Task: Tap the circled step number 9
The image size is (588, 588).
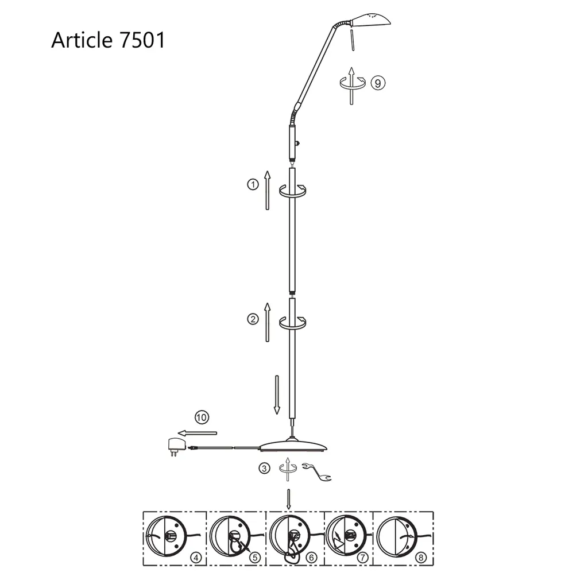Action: (377, 83)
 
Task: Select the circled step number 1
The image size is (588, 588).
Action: (252, 184)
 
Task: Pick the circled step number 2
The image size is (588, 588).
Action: (252, 319)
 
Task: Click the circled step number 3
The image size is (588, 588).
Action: (264, 468)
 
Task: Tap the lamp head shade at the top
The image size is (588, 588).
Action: (370, 21)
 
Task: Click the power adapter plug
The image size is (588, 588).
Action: (174, 445)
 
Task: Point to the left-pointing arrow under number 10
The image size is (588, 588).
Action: (197, 432)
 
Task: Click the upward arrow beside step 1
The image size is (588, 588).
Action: (267, 190)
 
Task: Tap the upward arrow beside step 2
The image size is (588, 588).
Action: (267, 322)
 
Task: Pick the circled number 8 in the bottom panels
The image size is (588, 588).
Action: (421, 557)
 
